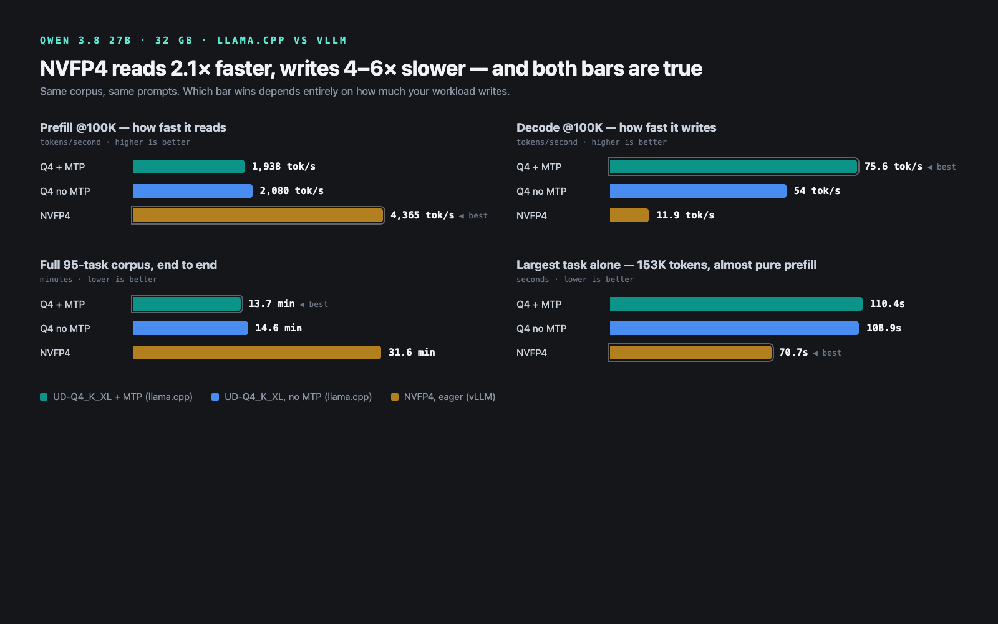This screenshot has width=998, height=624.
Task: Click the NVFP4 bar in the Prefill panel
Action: (x=258, y=215)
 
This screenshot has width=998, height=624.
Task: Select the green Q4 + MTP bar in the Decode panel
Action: (x=734, y=167)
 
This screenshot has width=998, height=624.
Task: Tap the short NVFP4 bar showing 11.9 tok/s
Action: (x=629, y=215)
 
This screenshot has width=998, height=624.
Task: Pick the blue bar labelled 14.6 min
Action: (x=191, y=328)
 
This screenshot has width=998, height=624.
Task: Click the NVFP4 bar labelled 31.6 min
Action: (x=257, y=353)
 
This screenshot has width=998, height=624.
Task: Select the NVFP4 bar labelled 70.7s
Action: (x=690, y=353)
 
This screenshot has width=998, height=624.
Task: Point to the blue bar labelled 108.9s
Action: (x=734, y=328)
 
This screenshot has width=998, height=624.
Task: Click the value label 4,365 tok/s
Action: (x=422, y=215)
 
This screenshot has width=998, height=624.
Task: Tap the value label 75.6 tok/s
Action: (x=893, y=167)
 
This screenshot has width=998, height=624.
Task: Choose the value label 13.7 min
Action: (x=271, y=304)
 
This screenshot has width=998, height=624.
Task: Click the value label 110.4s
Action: (x=887, y=304)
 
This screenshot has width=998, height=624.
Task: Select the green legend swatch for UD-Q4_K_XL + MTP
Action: (x=44, y=397)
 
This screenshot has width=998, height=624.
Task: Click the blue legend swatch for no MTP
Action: (x=215, y=397)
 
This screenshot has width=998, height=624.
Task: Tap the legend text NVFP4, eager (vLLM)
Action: (x=450, y=397)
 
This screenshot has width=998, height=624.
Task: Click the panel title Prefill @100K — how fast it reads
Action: (x=133, y=128)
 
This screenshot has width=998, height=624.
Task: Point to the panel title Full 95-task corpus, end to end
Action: (x=128, y=265)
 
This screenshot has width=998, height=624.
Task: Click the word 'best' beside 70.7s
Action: (x=832, y=353)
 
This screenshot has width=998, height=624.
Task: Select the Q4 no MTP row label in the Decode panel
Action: (x=541, y=191)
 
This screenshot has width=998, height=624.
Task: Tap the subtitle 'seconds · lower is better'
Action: (x=574, y=280)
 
